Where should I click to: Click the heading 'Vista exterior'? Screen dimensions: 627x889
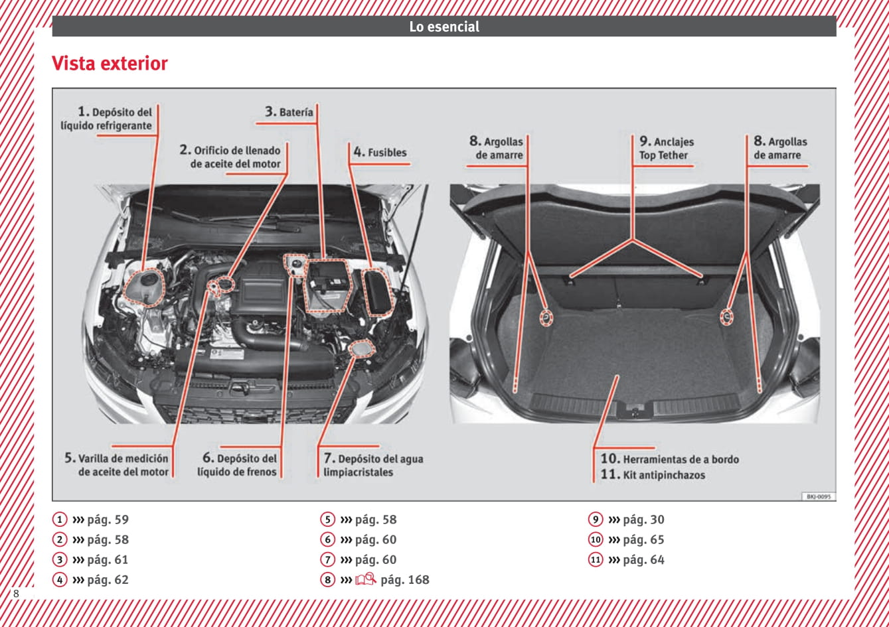tap(110, 64)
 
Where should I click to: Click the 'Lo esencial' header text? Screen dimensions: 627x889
tap(444, 27)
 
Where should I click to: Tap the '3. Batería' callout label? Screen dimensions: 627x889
tap(289, 112)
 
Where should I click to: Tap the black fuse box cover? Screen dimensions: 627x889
tap(380, 291)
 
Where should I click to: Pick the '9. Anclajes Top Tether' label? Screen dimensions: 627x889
tap(666, 149)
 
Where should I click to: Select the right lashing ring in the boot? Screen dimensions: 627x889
tap(727, 316)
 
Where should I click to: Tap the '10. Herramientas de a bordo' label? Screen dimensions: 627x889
tap(670, 458)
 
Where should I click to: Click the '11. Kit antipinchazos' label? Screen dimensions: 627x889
tap(653, 475)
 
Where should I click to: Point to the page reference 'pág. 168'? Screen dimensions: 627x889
tap(404, 580)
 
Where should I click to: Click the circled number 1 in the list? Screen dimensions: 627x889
tap(60, 520)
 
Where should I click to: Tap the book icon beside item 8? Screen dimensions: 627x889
tap(365, 579)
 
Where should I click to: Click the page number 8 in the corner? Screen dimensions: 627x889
tap(16, 593)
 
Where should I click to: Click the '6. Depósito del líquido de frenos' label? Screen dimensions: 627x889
tap(239, 465)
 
